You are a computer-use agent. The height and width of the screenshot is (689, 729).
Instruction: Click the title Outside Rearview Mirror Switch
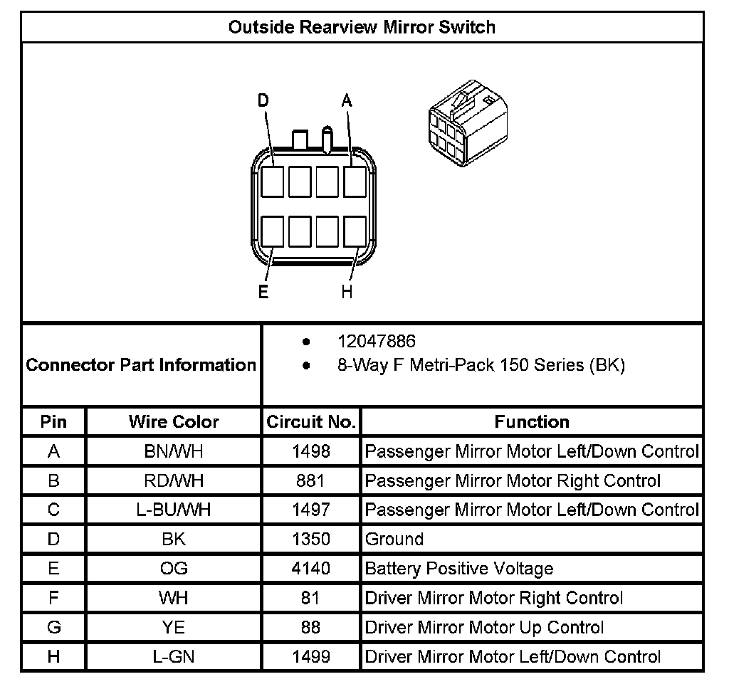(x=362, y=28)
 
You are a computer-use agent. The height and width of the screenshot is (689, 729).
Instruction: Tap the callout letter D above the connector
(x=263, y=101)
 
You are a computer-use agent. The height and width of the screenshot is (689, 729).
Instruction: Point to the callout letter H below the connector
(x=347, y=292)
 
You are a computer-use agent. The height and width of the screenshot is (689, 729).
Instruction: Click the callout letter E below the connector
(x=263, y=292)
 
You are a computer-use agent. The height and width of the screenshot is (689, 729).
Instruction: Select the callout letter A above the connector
(x=347, y=101)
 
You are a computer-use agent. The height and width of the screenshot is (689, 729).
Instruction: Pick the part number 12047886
(x=377, y=342)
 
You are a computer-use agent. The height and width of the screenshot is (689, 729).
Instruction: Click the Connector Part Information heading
(x=141, y=365)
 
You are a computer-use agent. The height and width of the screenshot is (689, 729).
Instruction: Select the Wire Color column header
(x=174, y=421)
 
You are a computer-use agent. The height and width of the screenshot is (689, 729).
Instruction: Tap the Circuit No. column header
(x=311, y=421)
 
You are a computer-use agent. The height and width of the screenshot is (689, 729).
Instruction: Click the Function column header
(x=532, y=421)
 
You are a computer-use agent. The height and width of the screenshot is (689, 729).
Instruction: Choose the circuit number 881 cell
(x=311, y=480)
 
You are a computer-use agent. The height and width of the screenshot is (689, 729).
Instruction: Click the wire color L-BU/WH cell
(x=174, y=510)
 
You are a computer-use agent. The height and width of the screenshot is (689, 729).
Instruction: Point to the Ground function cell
(x=394, y=539)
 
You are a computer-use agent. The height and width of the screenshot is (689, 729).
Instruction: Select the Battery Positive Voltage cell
(x=459, y=569)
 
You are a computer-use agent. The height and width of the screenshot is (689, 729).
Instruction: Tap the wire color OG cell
(x=174, y=569)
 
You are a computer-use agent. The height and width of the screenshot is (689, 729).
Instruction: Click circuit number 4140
(x=311, y=569)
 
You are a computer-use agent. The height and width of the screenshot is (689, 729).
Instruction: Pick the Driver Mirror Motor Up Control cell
(x=484, y=627)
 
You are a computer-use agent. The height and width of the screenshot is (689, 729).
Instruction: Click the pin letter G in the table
(x=53, y=627)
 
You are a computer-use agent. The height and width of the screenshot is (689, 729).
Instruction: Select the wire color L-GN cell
(x=174, y=657)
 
